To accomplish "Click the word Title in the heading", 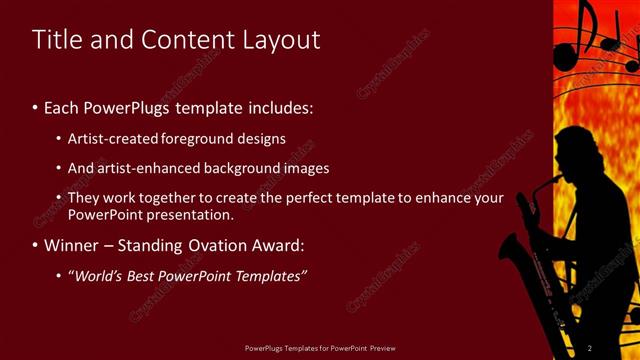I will point(56,40).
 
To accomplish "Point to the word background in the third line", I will point(231,168).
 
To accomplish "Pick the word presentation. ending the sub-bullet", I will point(189,214).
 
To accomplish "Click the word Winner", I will point(72,245).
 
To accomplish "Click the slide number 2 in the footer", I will point(590,348).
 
